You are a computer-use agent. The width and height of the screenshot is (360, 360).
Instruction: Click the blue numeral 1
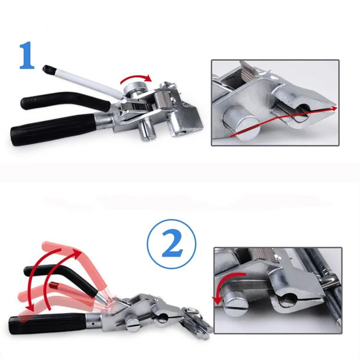tap(27, 55)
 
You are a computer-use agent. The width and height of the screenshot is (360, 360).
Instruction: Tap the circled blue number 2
tap(172, 243)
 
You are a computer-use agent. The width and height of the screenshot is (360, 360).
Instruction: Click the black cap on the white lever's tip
tap(48, 68)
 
